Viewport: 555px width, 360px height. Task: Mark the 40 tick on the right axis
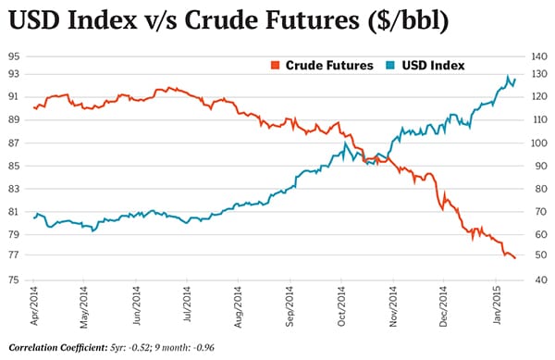[x=539, y=279]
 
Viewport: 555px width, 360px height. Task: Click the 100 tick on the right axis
[x=539, y=143]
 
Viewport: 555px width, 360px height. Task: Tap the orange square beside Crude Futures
[x=274, y=65]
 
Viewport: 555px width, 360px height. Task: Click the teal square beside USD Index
[x=390, y=65]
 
